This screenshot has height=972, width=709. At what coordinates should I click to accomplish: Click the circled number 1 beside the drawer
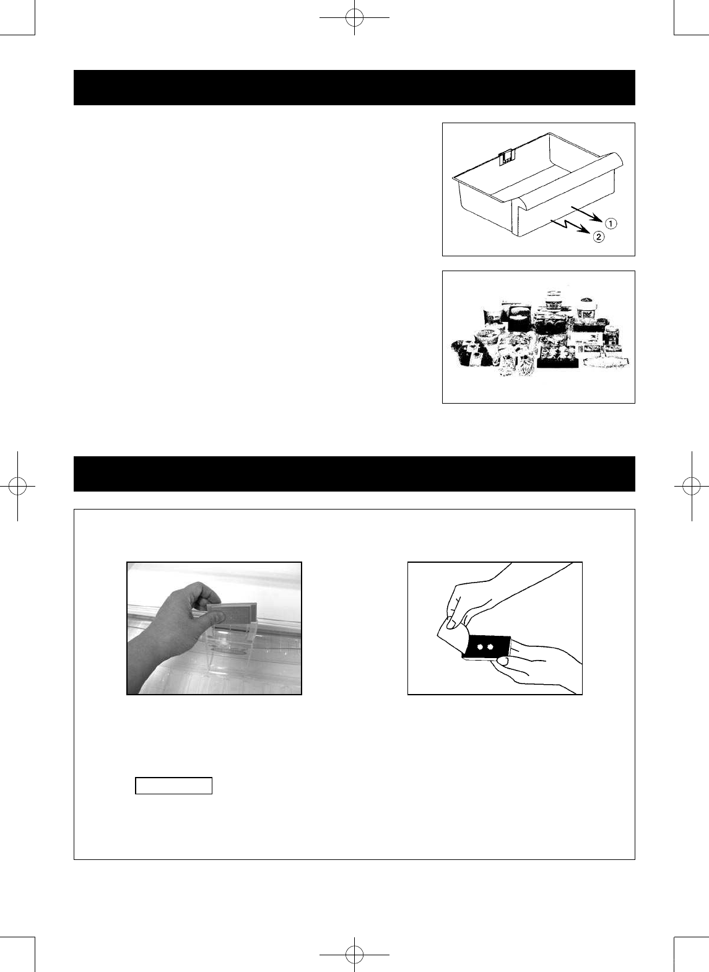(611, 223)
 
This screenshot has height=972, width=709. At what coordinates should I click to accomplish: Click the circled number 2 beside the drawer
(598, 236)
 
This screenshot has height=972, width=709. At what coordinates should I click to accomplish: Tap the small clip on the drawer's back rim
(506, 157)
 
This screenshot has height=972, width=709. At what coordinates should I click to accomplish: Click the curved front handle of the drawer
(570, 180)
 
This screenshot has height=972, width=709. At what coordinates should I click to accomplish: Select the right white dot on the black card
(492, 646)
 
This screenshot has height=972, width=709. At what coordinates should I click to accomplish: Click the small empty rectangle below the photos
(174, 786)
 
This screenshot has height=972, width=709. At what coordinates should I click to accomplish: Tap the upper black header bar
(354, 87)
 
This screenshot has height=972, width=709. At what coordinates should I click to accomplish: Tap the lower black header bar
(354, 474)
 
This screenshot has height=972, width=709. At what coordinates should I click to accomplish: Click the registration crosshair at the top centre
(354, 17)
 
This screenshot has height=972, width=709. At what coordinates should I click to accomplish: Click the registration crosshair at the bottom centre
(354, 955)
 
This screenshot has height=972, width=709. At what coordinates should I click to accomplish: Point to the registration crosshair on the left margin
(17, 486)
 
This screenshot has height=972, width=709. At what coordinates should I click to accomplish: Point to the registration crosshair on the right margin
(691, 486)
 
